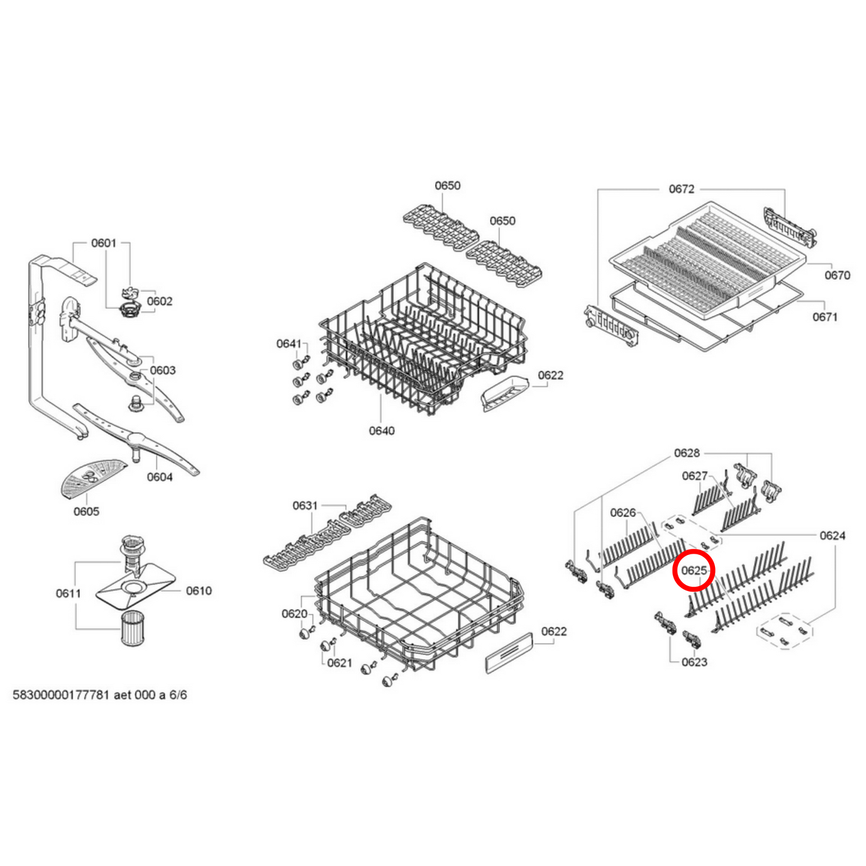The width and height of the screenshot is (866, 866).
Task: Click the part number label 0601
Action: coord(103,243)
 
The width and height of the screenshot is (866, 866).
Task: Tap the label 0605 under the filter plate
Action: coord(86,511)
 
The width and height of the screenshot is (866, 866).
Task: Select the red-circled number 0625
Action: coord(694,571)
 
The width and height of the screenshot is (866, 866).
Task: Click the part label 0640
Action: coord(381,430)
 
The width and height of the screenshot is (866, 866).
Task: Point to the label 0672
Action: coord(681,189)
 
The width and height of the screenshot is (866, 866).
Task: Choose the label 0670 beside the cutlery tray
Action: coord(837,275)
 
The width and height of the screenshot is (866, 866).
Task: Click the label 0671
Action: coord(825,316)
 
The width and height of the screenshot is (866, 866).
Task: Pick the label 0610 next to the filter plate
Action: coord(198,591)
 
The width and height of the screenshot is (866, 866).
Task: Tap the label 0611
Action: coord(68,593)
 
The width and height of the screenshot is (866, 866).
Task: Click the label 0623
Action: coord(694,662)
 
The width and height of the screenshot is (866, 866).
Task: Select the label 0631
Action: coord(305,505)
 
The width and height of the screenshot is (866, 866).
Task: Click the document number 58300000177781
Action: coord(61,695)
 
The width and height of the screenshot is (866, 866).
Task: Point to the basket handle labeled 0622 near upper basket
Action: coord(505,393)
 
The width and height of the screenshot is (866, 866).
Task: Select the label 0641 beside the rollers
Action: coord(288,343)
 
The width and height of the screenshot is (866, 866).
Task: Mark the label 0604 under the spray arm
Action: coord(159,476)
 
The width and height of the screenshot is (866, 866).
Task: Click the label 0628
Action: coord(686,452)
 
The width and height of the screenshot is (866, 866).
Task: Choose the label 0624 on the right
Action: coord(832,535)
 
